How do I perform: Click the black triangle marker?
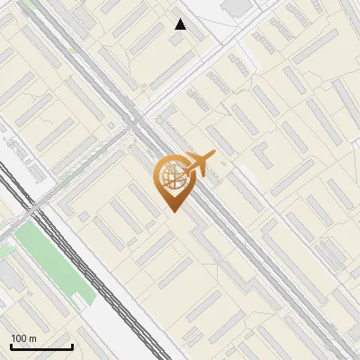coord(181,24)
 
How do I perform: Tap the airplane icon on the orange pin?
coord(196,165)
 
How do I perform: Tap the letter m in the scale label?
coord(32,338)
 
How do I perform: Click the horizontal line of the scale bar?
coord(41,346)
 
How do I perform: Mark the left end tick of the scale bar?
coord(11,345)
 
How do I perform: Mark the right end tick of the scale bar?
coord(72,345)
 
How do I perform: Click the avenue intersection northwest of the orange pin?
coord(138,119)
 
